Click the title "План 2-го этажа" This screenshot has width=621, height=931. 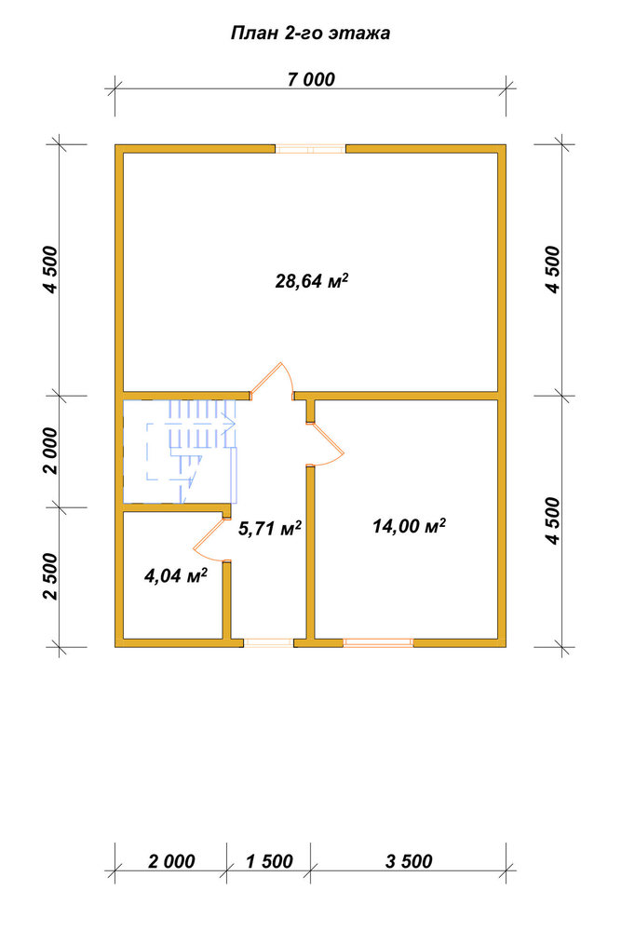tap(310, 34)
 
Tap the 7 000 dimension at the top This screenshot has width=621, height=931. tap(311, 79)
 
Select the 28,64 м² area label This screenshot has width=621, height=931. tap(311, 280)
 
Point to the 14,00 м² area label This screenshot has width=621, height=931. tap(409, 525)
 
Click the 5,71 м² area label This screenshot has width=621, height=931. tap(270, 528)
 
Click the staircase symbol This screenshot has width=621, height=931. tap(181, 452)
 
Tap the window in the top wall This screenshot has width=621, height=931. tap(311, 148)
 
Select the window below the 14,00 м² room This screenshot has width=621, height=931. tap(378, 641)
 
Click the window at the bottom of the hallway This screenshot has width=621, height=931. tap(269, 641)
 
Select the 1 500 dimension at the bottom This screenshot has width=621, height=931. tap(270, 861)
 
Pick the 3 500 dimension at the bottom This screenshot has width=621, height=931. tap(409, 861)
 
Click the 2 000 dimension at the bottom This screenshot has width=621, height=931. tap(171, 861)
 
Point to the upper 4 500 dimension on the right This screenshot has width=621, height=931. tap(552, 270)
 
